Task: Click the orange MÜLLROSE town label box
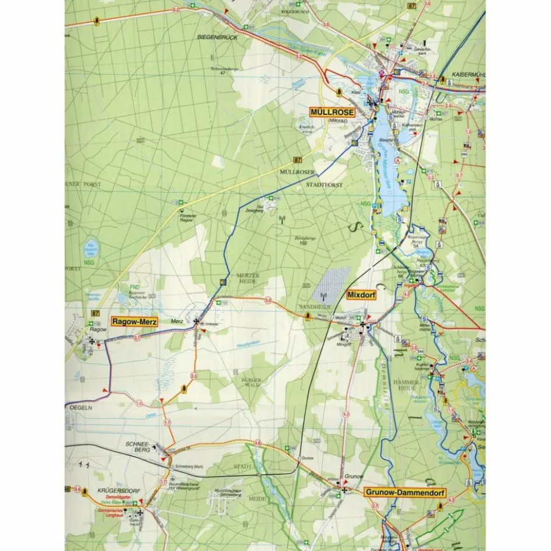coord(333,112)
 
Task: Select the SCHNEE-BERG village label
coord(138,447)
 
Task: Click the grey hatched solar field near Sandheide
coord(332,284)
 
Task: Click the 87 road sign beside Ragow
coord(95,314)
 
